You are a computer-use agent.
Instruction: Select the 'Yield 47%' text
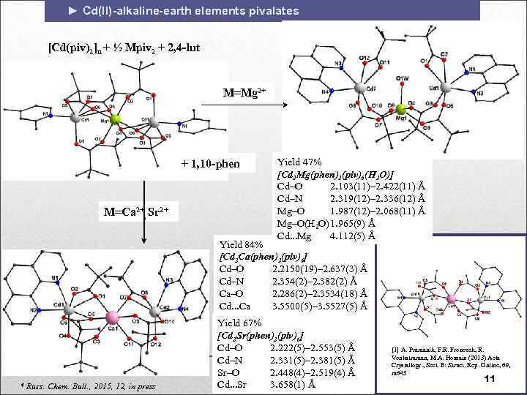coord(297,161)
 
